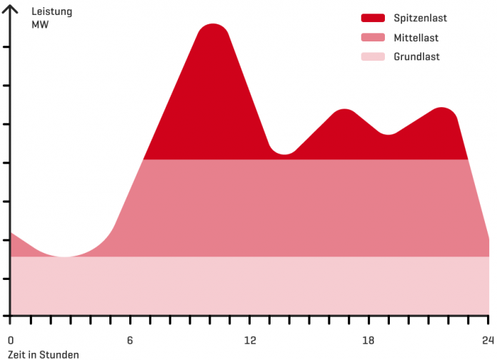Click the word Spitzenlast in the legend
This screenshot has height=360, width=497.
pyautogui.click(x=420, y=18)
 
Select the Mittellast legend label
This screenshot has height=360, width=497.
pyautogui.click(x=416, y=38)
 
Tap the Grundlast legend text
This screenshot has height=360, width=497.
pyautogui.click(x=416, y=57)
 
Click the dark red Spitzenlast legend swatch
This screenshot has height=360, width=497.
pyautogui.click(x=373, y=18)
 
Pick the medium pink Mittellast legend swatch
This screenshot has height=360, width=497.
pyautogui.click(x=373, y=38)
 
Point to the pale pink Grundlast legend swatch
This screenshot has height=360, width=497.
pyautogui.click(x=373, y=57)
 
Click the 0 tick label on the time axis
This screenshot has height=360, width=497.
pyautogui.click(x=10, y=340)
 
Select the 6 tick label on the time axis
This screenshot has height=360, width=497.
pyautogui.click(x=130, y=340)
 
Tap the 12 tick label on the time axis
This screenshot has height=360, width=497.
pyautogui.click(x=250, y=340)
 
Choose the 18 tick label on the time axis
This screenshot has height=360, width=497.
pyautogui.click(x=369, y=340)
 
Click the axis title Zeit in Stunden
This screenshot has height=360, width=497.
pyautogui.click(x=43, y=354)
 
